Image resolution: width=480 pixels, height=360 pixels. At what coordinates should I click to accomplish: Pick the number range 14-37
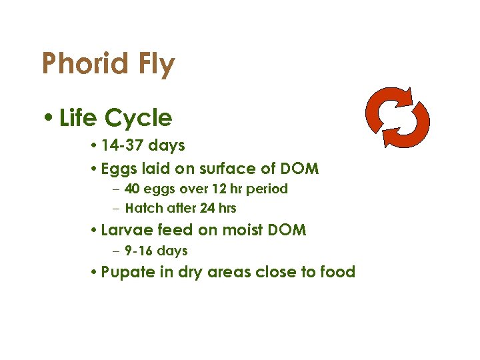[123, 145]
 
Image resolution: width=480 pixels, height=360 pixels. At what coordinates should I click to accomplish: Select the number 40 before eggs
[132, 189]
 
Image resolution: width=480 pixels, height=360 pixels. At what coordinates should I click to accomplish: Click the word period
[268, 189]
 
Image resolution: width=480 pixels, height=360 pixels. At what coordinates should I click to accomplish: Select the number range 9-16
[139, 251]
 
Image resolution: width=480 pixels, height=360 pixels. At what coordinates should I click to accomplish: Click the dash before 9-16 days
[117, 251]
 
